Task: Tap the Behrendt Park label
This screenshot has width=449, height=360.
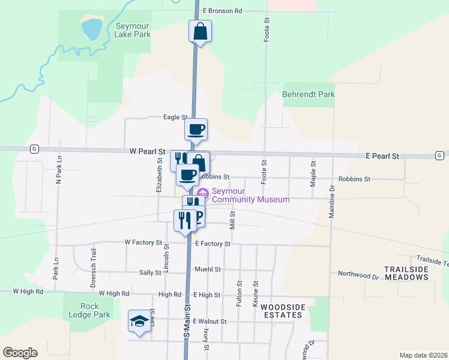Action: click(309, 94)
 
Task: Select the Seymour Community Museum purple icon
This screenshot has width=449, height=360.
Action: click(202, 194)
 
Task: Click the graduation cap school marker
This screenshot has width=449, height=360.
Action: click(139, 321)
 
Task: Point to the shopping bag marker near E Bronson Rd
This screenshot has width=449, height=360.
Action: click(200, 32)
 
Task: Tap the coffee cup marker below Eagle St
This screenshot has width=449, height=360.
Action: click(196, 129)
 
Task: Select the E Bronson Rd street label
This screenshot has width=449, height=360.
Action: click(222, 11)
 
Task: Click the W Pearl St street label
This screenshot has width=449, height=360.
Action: click(147, 152)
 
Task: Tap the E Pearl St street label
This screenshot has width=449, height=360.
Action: click(382, 156)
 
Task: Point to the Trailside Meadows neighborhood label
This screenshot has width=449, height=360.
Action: click(407, 273)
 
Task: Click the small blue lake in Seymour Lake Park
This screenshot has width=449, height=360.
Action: click(92, 28)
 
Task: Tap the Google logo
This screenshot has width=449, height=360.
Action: click(20, 353)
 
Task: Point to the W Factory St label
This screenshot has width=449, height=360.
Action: click(143, 243)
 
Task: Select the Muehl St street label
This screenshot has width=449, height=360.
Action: click(207, 269)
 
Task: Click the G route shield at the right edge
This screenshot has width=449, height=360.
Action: click(441, 155)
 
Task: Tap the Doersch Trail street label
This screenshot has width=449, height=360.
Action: click(93, 277)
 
